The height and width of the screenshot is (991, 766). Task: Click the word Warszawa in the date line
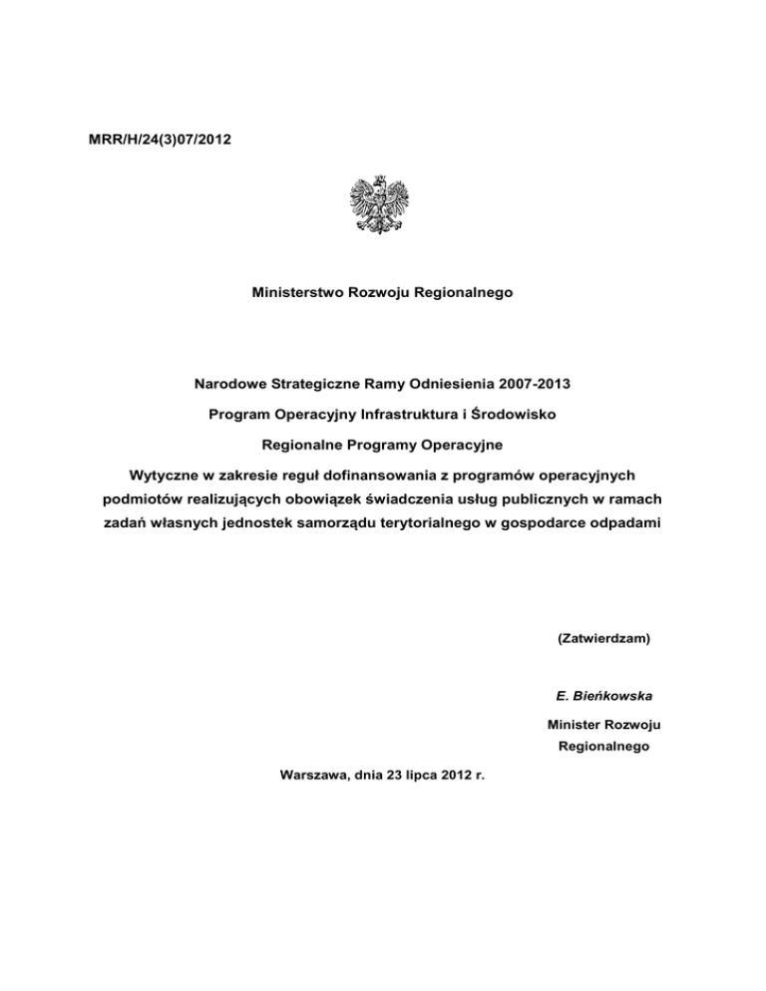306,770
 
